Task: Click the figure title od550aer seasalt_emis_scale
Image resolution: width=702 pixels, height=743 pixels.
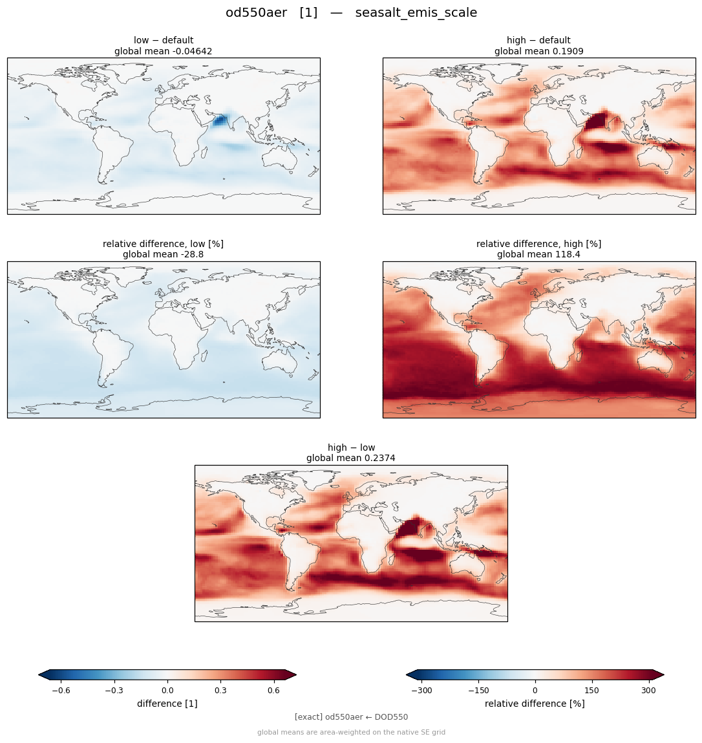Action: pyautogui.click(x=351, y=12)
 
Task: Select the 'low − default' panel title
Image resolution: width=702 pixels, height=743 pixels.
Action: pyautogui.click(x=164, y=40)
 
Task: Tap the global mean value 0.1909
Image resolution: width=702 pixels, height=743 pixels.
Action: pyautogui.click(x=566, y=51)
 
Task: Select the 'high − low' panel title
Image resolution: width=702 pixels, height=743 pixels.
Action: pyautogui.click(x=351, y=447)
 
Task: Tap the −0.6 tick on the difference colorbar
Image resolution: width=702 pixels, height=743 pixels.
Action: pyautogui.click(x=61, y=691)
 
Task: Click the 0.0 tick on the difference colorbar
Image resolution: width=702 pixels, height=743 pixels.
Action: pyautogui.click(x=167, y=691)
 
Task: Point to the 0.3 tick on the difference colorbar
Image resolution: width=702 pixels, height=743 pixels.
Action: pyautogui.click(x=220, y=691)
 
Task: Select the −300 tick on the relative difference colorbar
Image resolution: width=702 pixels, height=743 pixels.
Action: pyautogui.click(x=421, y=691)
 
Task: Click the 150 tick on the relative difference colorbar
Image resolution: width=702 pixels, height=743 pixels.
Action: pyautogui.click(x=591, y=691)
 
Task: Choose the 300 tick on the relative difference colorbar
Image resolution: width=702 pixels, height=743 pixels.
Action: pyautogui.click(x=648, y=691)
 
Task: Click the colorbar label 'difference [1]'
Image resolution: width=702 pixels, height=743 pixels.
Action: pyautogui.click(x=167, y=704)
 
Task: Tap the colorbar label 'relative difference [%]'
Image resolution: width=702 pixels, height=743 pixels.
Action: pyautogui.click(x=535, y=704)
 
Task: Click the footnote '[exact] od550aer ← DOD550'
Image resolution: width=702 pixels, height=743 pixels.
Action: pyautogui.click(x=351, y=717)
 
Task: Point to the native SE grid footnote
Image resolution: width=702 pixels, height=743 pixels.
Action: pyautogui.click(x=351, y=732)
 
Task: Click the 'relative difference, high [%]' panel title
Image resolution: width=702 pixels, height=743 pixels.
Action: pyautogui.click(x=538, y=244)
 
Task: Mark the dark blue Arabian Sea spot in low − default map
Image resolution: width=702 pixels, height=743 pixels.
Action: pyautogui.click(x=219, y=121)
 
